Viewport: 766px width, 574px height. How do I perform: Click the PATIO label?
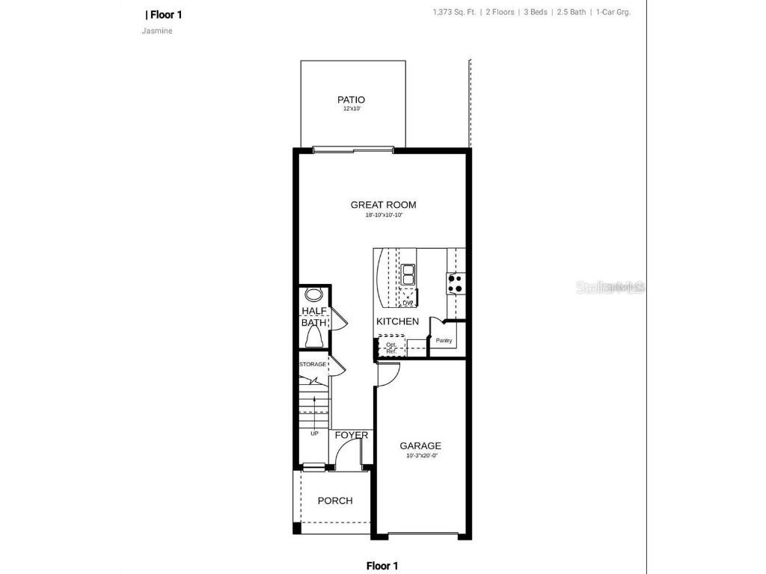(351, 99)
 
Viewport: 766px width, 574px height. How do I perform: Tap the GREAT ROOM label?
(383, 205)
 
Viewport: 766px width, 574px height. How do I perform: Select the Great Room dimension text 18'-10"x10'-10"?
(383, 215)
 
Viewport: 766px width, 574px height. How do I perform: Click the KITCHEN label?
(397, 321)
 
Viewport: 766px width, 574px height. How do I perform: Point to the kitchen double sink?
(408, 275)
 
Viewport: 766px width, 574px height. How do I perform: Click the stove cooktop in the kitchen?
(455, 283)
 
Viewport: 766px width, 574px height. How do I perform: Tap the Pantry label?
(444, 341)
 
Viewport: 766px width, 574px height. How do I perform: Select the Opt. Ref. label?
(390, 348)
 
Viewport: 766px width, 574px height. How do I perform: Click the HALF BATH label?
(313, 317)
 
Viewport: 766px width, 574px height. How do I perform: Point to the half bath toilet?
(313, 339)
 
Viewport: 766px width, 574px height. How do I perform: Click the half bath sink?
(313, 294)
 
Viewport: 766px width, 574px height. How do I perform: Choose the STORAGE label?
(313, 364)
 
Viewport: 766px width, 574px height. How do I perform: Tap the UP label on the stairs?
(314, 433)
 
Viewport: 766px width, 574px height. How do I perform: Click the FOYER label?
(351, 435)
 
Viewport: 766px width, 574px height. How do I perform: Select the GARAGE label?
(420, 446)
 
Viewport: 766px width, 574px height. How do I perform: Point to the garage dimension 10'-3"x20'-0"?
(420, 456)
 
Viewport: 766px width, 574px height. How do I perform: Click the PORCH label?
(334, 501)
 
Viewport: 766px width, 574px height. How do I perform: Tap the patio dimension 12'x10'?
(351, 109)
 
